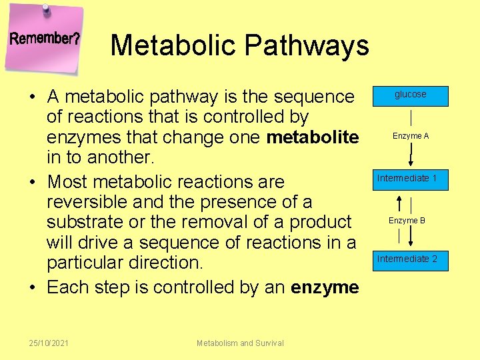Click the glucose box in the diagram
click(x=410, y=95)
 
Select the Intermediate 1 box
click(x=407, y=179)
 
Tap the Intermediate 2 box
click(x=407, y=259)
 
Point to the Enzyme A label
click(x=411, y=136)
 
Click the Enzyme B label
click(x=407, y=221)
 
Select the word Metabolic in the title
click(x=173, y=45)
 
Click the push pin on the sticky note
click(x=46, y=9)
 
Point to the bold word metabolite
click(x=313, y=137)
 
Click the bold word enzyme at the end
click(x=325, y=287)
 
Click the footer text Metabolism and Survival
click(x=240, y=343)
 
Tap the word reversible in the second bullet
click(x=91, y=201)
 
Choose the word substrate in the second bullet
click(x=89, y=221)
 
